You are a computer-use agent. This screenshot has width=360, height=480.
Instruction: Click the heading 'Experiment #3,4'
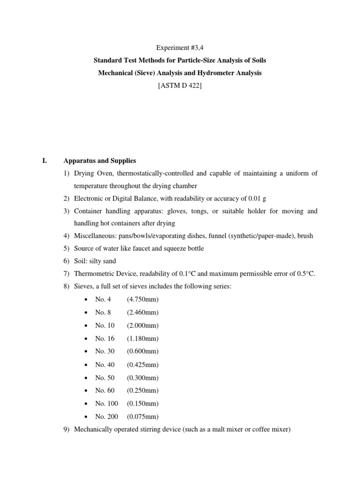click(180, 48)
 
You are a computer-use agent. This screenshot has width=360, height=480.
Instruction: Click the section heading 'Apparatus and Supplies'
click(99, 161)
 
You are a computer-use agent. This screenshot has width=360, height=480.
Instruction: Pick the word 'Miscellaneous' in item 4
click(93, 236)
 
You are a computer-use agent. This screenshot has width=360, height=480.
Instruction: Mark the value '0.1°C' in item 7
click(194, 274)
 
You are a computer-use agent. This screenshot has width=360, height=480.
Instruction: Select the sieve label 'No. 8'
click(103, 312)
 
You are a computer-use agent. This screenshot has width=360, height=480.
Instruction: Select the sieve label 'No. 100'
click(106, 403)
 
